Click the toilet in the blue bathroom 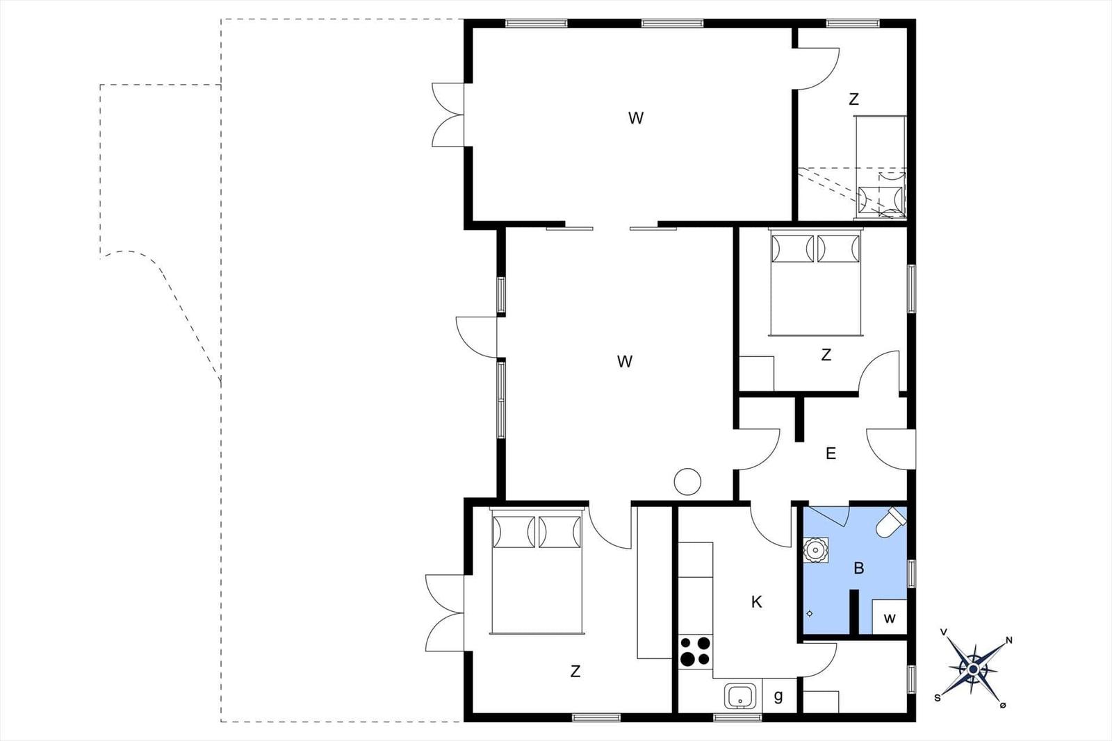(891, 522)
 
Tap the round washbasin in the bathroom (816, 550)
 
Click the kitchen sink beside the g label (740, 696)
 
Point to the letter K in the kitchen (757, 602)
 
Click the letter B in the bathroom (859, 568)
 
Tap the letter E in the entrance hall (831, 453)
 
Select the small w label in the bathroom (890, 619)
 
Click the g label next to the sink (778, 696)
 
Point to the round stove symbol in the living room (687, 481)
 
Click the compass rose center (974, 669)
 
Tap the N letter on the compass (1008, 640)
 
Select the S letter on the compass (938, 699)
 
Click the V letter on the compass (944, 632)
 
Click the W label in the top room (636, 118)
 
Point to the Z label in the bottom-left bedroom (575, 671)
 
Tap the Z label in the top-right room (854, 99)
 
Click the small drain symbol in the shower (810, 613)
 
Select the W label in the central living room (625, 362)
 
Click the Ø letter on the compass (1002, 706)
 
